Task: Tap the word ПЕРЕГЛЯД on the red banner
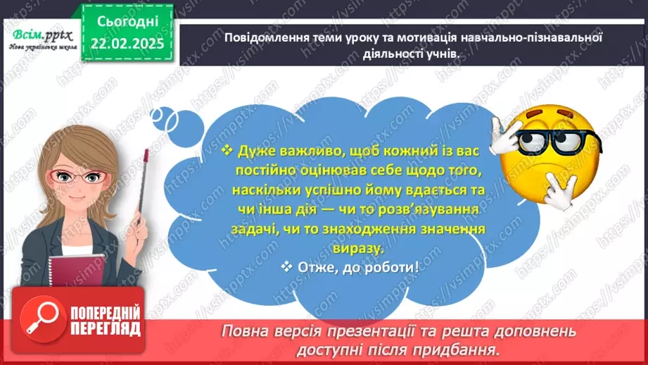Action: click(x=106, y=328)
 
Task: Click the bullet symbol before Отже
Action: click(x=286, y=266)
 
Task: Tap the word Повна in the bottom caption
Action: click(x=247, y=330)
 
